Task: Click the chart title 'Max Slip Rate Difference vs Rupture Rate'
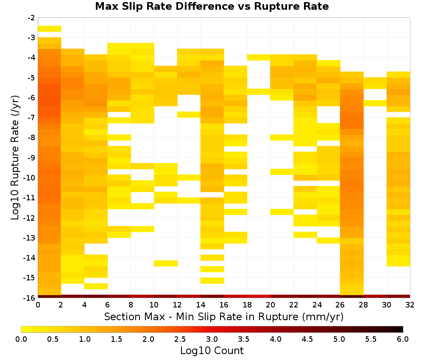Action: [x=212, y=6]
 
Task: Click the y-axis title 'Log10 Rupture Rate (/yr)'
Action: [x=15, y=158]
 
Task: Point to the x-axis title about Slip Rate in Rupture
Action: [x=223, y=316]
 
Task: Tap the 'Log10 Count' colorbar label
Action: [x=212, y=351]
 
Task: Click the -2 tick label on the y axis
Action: [x=31, y=18]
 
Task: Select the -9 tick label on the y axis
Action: [x=31, y=158]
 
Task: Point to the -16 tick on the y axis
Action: [x=30, y=298]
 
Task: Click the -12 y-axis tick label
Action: [x=30, y=218]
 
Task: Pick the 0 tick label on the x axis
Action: [x=38, y=305]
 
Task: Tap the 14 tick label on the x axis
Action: [x=201, y=305]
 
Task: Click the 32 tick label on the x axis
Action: [x=410, y=305]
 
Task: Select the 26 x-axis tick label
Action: [x=340, y=305]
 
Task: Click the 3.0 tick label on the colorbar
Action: [x=212, y=339]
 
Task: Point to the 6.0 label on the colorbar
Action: [x=403, y=339]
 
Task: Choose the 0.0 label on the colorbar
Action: [x=21, y=339]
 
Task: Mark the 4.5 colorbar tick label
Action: [x=307, y=339]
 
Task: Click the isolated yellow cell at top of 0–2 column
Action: [x=50, y=29]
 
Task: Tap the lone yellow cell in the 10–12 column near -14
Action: [x=166, y=263]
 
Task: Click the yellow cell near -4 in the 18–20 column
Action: [x=259, y=57]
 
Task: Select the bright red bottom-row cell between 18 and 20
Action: [x=259, y=296]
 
